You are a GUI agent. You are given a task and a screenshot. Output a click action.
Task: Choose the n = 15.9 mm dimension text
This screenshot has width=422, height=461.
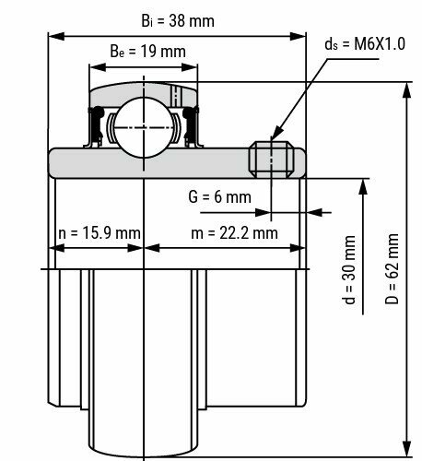(x=95, y=232)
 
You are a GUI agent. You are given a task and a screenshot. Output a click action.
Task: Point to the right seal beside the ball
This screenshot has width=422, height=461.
(x=190, y=126)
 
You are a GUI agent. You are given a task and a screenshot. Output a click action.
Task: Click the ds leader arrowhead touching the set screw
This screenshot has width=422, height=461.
(x=272, y=138)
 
